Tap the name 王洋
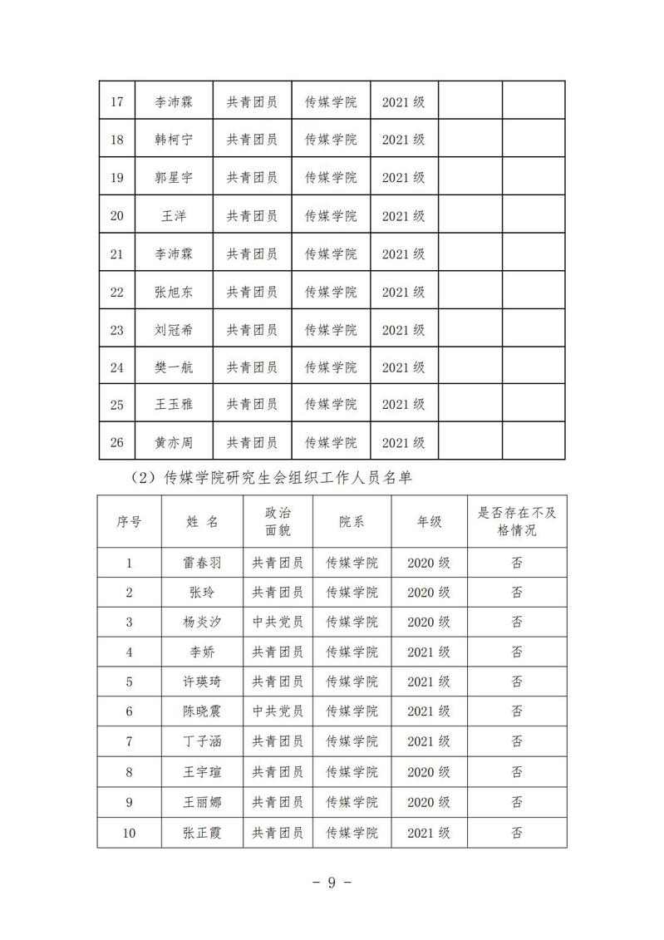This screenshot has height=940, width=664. coord(174,216)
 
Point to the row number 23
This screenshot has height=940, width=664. coord(116,330)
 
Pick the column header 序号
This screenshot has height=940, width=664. coord(129,522)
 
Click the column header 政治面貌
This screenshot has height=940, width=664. coord(278,522)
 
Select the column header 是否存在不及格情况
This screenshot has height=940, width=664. coord(517,522)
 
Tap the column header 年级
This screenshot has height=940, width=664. coord(429,522)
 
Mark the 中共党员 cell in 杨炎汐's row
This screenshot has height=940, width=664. coord(278,622)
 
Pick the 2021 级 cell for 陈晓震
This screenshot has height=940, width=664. coord(429,711)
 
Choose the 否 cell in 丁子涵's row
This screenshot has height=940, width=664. coord(517,741)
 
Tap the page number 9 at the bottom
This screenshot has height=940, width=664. coord(331,883)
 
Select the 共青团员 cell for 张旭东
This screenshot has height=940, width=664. coord(252,292)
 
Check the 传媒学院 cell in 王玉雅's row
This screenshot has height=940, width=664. coord(331,405)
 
